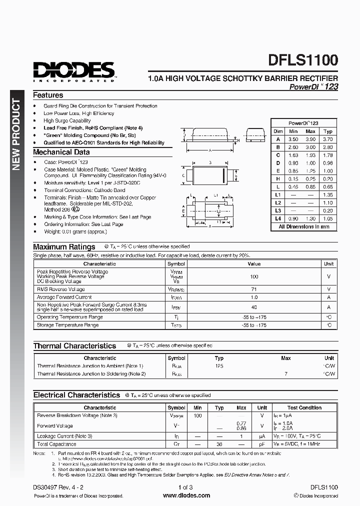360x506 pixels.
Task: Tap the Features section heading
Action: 48,95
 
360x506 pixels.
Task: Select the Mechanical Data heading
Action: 61,152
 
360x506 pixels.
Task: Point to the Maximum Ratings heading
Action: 64,246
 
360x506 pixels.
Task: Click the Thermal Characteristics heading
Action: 74,345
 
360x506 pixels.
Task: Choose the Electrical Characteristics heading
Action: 76,395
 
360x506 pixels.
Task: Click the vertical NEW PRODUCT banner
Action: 16,135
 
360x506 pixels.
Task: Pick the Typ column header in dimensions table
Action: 328,131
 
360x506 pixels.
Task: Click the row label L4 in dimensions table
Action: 278,218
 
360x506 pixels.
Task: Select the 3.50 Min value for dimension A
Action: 293,139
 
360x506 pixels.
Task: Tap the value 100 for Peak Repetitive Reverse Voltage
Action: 254,276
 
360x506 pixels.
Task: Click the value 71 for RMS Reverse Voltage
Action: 254,289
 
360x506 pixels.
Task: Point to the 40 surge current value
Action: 254,307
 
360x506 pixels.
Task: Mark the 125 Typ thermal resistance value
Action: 219,366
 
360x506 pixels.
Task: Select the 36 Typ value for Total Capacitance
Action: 219,444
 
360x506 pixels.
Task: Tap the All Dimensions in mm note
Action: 303,226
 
